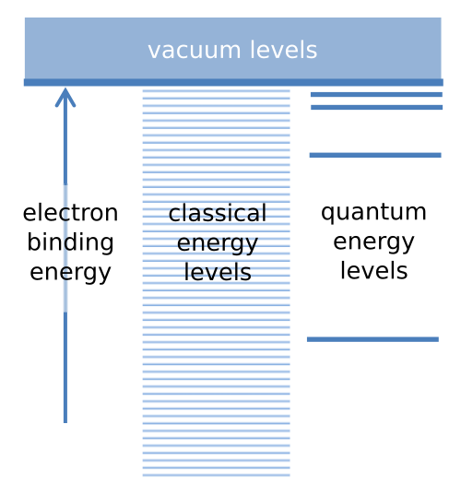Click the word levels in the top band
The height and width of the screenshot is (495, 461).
(x=283, y=50)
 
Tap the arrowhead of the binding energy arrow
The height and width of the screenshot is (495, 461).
(x=65, y=97)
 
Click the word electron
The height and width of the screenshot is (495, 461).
(x=70, y=213)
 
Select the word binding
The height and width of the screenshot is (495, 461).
(x=70, y=242)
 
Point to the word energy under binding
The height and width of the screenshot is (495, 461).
(x=70, y=273)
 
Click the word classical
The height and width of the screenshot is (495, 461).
(x=218, y=213)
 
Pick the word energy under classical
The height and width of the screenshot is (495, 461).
(x=218, y=243)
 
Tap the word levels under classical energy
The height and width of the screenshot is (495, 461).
(x=218, y=272)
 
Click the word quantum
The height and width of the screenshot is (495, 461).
(x=373, y=212)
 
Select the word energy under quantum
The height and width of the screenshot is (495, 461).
(x=373, y=242)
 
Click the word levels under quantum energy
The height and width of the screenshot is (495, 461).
(x=373, y=270)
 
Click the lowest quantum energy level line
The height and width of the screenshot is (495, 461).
(x=372, y=339)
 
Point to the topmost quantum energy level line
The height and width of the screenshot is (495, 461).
(x=376, y=94)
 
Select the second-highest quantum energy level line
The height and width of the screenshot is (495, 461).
(x=377, y=107)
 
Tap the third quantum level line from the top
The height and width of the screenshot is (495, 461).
(x=375, y=155)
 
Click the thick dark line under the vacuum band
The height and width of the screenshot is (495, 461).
(x=233, y=82)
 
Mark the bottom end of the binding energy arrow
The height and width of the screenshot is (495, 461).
(x=65, y=423)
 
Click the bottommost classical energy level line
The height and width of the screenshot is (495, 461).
(x=217, y=475)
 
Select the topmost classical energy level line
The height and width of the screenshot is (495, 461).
(x=217, y=91)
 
